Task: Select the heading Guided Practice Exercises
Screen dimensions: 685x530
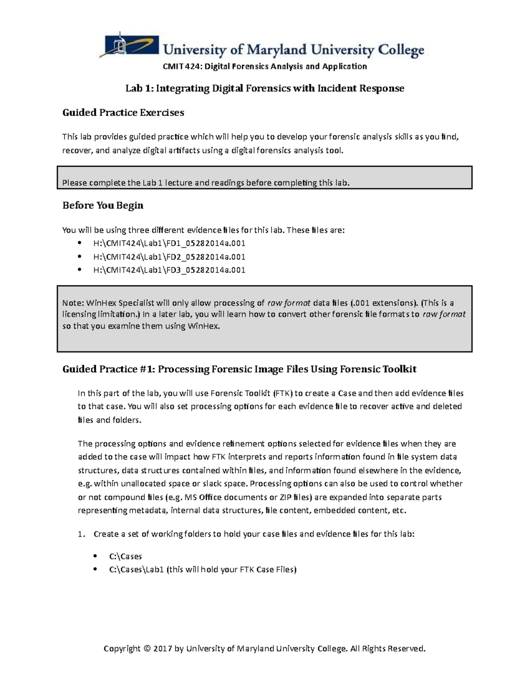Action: click(x=123, y=112)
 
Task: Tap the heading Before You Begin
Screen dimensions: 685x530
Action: click(x=103, y=205)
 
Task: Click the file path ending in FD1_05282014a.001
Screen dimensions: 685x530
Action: click(x=169, y=243)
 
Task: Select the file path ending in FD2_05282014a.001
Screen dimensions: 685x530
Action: click(x=169, y=257)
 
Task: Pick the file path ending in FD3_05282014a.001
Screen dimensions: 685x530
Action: click(x=169, y=270)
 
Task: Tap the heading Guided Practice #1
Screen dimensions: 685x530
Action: click(x=108, y=369)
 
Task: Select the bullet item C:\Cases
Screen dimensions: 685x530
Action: click(x=125, y=556)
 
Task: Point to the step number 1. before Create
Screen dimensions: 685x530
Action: click(x=81, y=534)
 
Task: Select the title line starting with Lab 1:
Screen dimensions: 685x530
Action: click(x=265, y=89)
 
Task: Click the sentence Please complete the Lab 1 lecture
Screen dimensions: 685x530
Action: click(x=206, y=183)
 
